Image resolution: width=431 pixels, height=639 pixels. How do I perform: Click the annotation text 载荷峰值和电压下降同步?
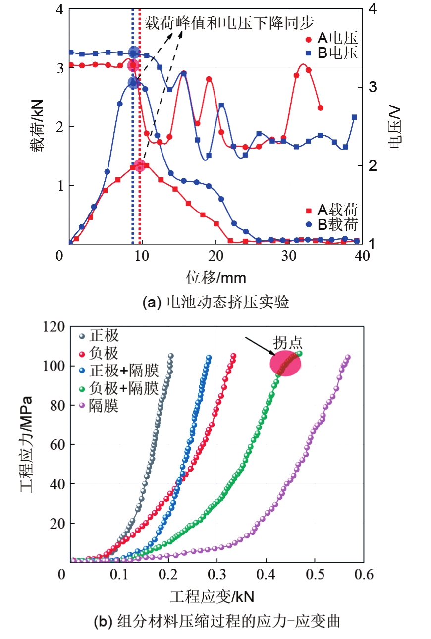click(230, 22)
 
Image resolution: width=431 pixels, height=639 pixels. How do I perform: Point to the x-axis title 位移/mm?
click(216, 276)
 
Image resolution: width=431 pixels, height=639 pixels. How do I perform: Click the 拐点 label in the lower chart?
click(287, 343)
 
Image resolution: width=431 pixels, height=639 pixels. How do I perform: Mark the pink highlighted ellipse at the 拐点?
click(285, 364)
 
